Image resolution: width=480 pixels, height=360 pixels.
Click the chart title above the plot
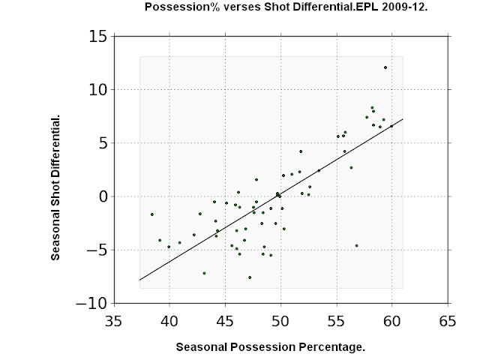[286, 7]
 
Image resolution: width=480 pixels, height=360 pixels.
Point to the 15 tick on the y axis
[98, 37]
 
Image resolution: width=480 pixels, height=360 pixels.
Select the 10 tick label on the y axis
[98, 90]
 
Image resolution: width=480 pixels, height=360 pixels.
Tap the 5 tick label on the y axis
[103, 143]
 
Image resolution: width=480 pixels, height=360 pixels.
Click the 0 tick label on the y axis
[103, 196]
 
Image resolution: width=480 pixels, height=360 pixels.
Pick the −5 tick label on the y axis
[97, 250]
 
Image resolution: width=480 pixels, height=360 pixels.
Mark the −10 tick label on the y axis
[91, 303]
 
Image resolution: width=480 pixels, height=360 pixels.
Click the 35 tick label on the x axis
[113, 322]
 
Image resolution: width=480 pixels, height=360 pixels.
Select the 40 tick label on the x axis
[169, 322]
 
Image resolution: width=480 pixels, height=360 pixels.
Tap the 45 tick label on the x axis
[225, 322]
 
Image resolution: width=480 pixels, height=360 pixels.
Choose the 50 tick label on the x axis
[280, 322]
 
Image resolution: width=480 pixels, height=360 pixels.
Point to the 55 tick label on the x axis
[337, 322]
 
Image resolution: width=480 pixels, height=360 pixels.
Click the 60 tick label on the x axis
[391, 322]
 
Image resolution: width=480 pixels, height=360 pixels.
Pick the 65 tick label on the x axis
[448, 322]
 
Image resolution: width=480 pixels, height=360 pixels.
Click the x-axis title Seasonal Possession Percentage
[271, 347]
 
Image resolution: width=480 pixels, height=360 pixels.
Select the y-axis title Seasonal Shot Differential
[55, 187]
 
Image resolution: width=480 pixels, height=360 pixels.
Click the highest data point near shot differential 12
[385, 67]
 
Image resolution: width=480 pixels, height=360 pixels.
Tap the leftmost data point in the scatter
[152, 214]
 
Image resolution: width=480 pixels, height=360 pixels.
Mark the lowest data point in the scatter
[250, 277]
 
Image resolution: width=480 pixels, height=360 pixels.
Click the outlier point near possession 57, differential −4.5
[357, 246]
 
